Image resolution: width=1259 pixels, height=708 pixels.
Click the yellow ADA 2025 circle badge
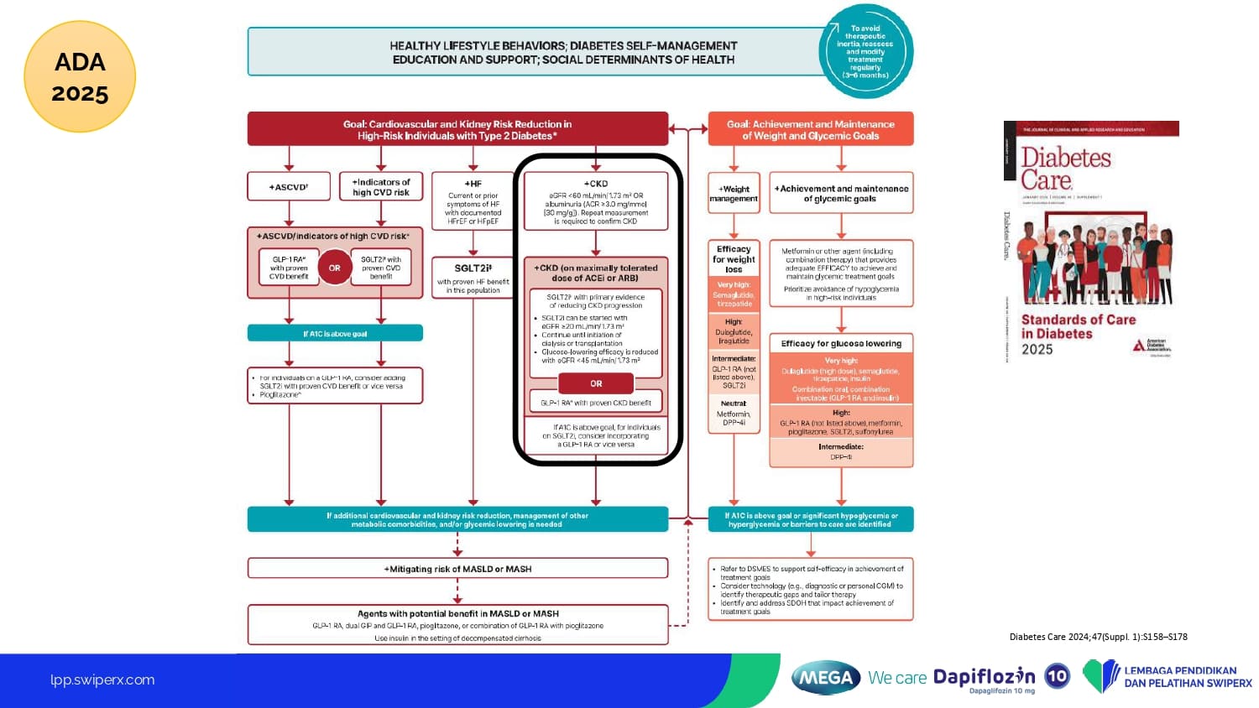pos(80,77)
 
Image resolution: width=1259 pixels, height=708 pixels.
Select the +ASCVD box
pos(289,187)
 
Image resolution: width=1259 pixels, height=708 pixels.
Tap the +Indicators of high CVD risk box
pos(381,187)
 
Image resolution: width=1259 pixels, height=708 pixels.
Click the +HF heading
pos(473,183)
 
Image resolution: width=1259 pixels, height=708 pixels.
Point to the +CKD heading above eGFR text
pos(596,183)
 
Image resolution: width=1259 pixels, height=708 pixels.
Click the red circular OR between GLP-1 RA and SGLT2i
pos(335,268)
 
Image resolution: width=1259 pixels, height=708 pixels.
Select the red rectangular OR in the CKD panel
pos(596,383)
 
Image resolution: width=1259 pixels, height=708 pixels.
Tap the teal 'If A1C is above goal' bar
pos(335,334)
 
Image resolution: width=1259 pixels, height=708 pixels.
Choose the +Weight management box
pos(734,194)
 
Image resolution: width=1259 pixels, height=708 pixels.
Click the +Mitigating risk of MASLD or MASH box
pos(457,569)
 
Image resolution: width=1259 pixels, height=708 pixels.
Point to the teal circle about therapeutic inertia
pos(865,52)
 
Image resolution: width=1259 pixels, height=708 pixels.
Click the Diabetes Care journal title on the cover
pos(1065,169)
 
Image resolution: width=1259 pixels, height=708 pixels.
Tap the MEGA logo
pos(826,678)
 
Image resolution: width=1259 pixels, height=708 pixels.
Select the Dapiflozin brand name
pos(984,676)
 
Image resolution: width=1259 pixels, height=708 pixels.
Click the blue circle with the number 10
pos(1058,676)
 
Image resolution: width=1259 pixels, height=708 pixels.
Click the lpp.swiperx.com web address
pos(102,680)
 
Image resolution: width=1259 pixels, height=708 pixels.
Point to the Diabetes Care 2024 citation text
pos(1098,637)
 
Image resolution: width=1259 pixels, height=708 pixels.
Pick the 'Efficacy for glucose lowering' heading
pos(841,343)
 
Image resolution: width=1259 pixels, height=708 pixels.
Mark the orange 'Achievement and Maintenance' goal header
pos(811,129)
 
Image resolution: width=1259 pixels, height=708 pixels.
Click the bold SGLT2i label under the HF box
pos(473,268)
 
